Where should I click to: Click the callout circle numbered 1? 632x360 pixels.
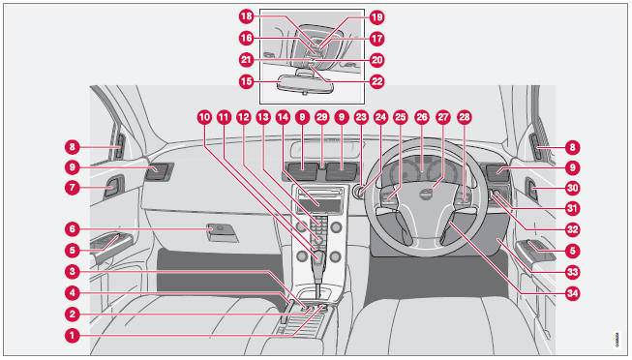click(73, 336)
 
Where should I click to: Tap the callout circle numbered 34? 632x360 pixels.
click(572, 293)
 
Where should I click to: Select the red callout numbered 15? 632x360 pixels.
click(246, 81)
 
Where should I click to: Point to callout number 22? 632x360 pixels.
click(376, 81)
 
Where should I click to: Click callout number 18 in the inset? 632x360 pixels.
click(246, 16)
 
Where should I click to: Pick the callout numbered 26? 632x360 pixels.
click(422, 117)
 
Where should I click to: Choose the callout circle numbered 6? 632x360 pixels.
click(73, 229)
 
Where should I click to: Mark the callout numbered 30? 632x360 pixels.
click(572, 188)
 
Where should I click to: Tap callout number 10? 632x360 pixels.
click(204, 117)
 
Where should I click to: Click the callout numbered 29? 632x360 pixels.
click(321, 117)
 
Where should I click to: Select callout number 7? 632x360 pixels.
click(73, 188)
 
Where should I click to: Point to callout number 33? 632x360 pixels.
click(572, 272)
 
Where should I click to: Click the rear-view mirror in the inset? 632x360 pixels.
click(306, 85)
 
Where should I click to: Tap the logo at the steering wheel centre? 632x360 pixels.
click(425, 195)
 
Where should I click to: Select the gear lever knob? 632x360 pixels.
click(318, 256)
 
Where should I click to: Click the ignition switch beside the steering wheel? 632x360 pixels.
click(357, 192)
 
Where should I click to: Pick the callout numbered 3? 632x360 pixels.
click(73, 271)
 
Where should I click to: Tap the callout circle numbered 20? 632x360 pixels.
click(376, 60)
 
